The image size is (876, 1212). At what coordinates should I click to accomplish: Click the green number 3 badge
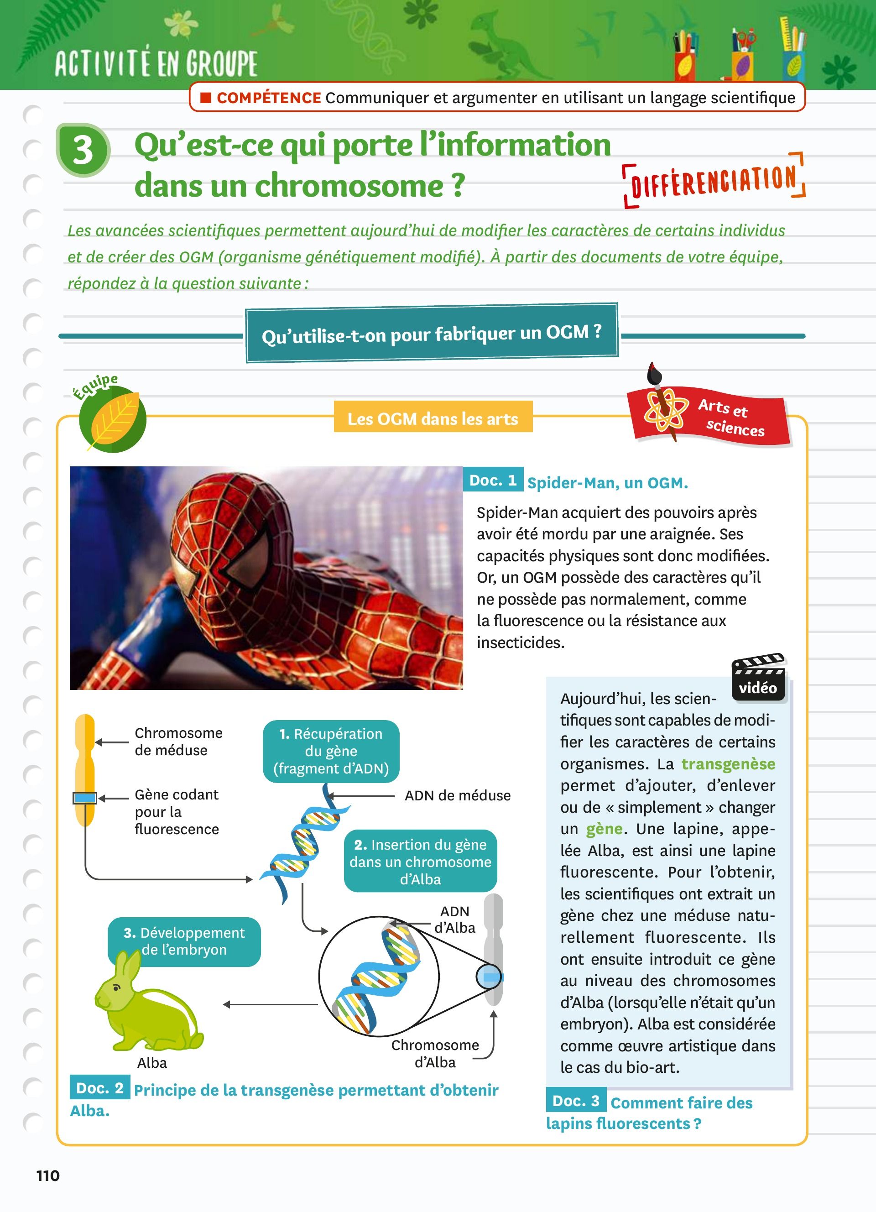coord(83,150)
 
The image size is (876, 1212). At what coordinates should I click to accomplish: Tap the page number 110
coord(48,1175)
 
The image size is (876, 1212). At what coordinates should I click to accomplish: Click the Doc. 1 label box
coord(492,480)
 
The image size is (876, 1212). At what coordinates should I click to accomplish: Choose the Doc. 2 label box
coord(100,1087)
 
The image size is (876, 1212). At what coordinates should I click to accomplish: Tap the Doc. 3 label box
coord(576,1100)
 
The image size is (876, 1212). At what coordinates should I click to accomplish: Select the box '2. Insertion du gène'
coord(420,862)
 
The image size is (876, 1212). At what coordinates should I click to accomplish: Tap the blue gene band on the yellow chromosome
coord(84,799)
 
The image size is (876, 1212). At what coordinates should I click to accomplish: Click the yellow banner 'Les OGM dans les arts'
coord(433,418)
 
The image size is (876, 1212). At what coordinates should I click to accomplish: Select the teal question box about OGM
coord(432,334)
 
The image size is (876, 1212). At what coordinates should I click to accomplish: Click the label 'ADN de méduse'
coord(457,796)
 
